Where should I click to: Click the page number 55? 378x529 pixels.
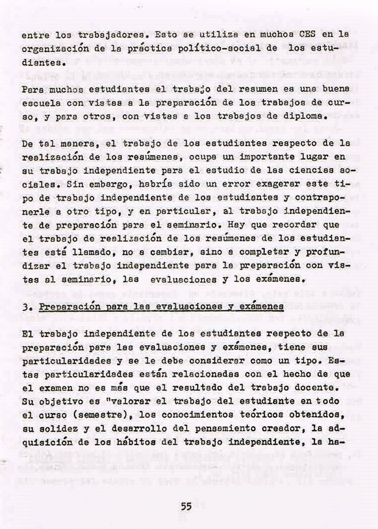point(186,506)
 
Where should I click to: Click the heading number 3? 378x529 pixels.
point(25,305)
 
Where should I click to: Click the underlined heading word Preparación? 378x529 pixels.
point(63,305)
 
